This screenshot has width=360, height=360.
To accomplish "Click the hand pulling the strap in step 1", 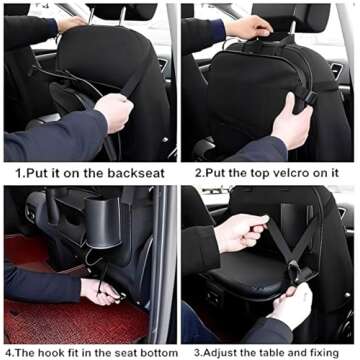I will pos(113,110).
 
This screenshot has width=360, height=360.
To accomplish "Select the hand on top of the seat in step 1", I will pos(70,22).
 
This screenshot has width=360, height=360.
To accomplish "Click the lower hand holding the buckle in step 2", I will pos(290,125).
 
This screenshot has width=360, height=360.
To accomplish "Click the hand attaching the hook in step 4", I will pos(100,291).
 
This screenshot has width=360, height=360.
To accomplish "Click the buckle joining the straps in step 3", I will pos(297,269).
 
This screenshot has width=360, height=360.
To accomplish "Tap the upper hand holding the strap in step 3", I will pos(240,231).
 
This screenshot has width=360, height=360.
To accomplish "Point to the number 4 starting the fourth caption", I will pos(6,351).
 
